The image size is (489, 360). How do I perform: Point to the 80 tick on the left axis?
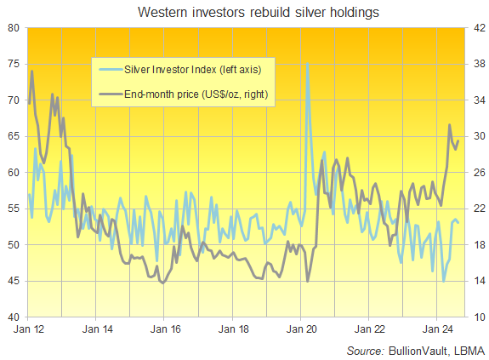[15, 28]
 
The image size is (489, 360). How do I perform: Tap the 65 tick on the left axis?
[15, 136]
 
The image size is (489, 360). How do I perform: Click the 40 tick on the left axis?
[15, 317]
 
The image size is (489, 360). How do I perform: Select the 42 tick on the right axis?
[475, 28]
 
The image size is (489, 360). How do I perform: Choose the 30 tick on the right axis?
[475, 136]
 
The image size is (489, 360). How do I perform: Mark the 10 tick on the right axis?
[475, 317]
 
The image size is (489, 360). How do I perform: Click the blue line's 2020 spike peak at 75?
[306, 64]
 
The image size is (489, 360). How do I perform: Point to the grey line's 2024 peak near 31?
[450, 125]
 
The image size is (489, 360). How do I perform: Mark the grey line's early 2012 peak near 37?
[31, 71]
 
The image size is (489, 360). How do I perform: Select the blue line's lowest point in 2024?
[443, 281]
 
